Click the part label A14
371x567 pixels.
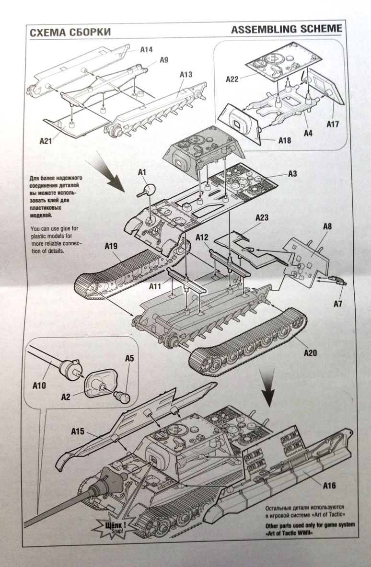point(146,49)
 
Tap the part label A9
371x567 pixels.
point(163,60)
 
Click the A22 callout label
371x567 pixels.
point(232,79)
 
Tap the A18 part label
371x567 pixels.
point(285,141)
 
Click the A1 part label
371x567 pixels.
point(142,171)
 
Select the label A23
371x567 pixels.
point(262,217)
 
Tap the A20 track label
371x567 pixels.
point(311,353)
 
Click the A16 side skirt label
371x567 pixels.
point(329,486)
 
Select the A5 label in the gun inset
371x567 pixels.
point(129,358)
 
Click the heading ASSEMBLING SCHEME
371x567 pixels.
point(287,29)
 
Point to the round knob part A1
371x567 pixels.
point(149,190)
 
